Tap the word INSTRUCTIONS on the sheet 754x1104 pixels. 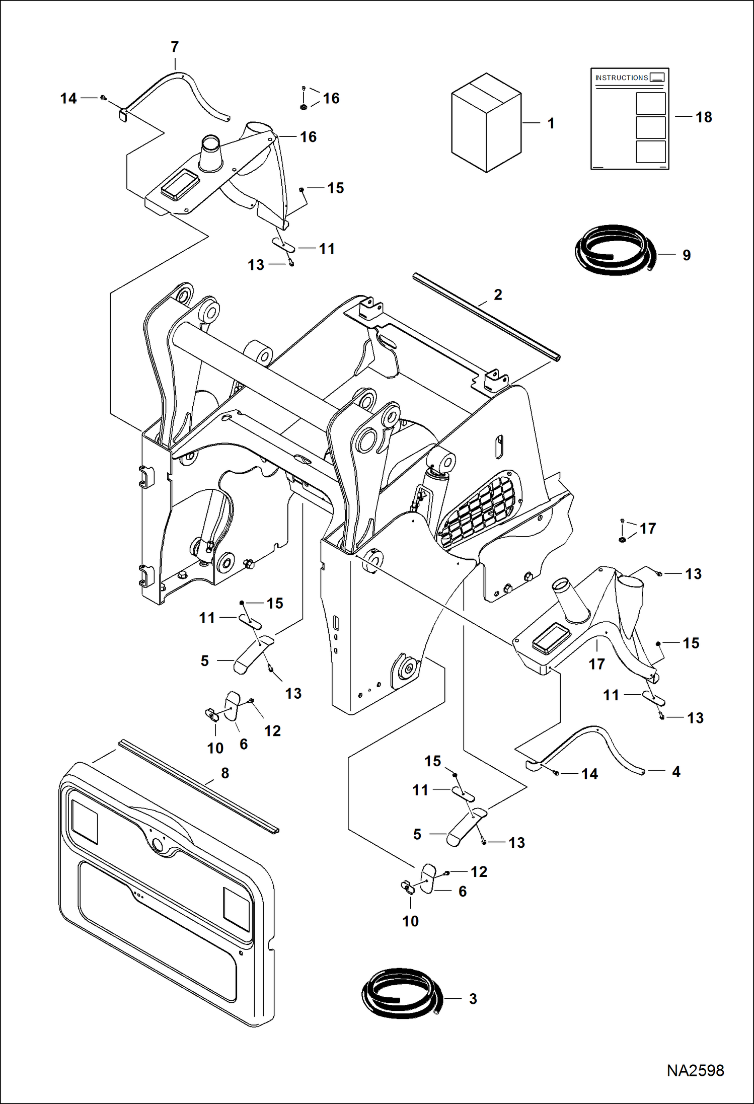622,78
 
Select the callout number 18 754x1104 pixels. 703,117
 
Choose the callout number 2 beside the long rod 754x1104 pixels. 498,295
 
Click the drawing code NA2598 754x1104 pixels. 695,1070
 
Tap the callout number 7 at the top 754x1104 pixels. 175,47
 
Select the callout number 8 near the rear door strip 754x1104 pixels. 225,773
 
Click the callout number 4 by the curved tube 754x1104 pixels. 676,771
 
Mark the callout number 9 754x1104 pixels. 687,255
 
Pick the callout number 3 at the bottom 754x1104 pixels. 473,999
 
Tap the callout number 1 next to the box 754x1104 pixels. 551,123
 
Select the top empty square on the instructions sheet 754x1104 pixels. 650,103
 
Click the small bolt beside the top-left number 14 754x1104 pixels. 103,98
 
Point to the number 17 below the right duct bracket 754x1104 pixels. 596,664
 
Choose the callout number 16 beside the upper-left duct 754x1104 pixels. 308,137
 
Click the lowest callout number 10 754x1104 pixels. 410,921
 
